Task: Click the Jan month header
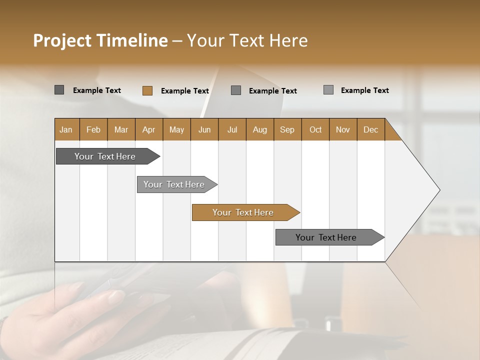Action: (x=66, y=129)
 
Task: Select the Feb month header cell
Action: (x=93, y=129)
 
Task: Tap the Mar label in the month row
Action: (x=121, y=129)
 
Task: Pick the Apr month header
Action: (x=149, y=129)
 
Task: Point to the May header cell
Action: (x=176, y=129)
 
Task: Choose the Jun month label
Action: (x=204, y=129)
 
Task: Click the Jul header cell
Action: (x=232, y=129)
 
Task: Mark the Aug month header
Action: (x=260, y=129)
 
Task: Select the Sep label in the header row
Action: (x=287, y=129)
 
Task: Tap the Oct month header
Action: (x=315, y=129)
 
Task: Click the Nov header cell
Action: (x=343, y=129)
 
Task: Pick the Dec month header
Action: (x=371, y=129)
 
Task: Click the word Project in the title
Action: (x=62, y=40)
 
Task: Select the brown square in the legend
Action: (x=147, y=90)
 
